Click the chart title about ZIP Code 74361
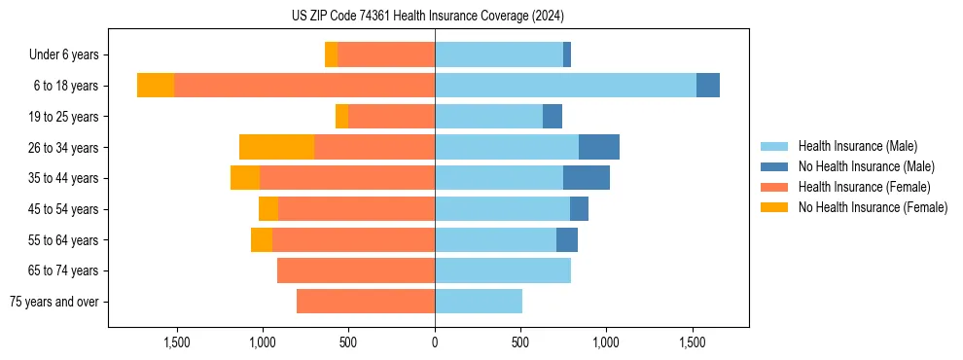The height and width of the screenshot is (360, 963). point(427,16)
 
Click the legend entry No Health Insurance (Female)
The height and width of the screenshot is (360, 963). point(873,207)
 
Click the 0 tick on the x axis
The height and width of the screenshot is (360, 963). point(435,342)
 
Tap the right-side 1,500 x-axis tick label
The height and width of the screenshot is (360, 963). point(692,342)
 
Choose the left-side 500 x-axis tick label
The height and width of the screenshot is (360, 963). point(348,342)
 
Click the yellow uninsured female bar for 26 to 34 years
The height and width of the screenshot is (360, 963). point(276,147)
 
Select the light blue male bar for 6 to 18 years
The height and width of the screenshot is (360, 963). point(565,86)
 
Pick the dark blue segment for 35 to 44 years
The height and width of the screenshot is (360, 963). point(587,178)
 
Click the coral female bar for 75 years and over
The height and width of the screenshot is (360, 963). point(366,302)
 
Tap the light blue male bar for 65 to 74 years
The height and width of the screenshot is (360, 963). point(503,270)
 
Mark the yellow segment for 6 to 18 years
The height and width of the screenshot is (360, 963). point(156,86)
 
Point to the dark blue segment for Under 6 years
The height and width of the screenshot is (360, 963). point(567,54)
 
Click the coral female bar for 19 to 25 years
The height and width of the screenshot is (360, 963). point(391,117)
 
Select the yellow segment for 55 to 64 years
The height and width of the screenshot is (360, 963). point(262,239)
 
